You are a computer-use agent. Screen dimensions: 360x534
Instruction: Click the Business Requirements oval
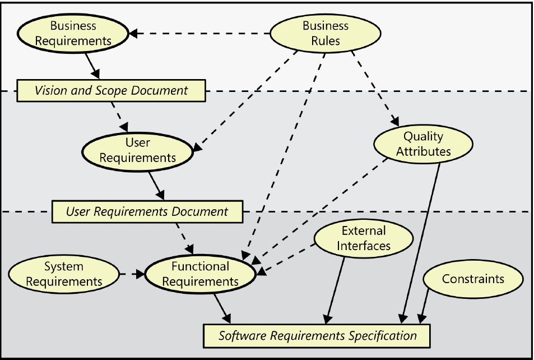click(x=73, y=33)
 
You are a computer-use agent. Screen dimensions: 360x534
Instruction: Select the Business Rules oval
click(x=326, y=33)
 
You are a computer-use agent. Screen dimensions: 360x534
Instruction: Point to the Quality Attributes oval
click(x=422, y=144)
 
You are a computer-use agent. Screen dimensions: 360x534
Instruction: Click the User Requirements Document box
click(x=147, y=212)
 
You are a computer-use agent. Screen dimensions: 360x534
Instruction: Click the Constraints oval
click(x=473, y=279)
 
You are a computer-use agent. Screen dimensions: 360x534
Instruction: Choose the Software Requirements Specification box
click(x=317, y=336)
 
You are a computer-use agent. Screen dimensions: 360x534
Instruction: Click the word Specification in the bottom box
click(x=383, y=336)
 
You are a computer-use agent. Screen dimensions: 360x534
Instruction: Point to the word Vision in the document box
click(x=50, y=90)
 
